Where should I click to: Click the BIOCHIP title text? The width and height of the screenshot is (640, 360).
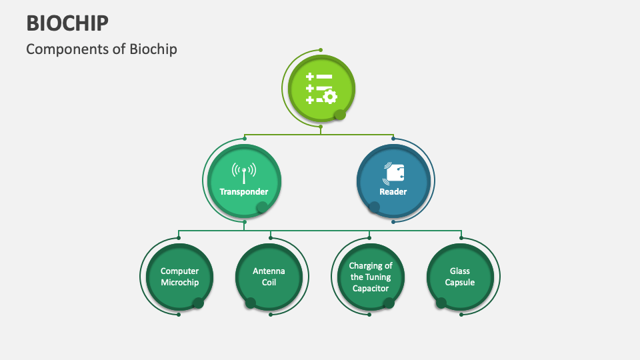(x=67, y=22)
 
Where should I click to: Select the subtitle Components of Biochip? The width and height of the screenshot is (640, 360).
(x=101, y=49)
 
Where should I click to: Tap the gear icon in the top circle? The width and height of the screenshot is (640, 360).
(x=329, y=97)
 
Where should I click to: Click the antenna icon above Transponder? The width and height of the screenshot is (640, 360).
(x=243, y=173)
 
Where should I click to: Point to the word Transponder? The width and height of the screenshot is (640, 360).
(x=244, y=192)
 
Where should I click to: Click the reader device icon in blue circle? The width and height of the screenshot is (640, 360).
(x=393, y=173)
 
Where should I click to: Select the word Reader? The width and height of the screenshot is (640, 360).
(x=393, y=192)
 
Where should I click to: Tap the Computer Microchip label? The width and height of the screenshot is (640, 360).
(x=179, y=277)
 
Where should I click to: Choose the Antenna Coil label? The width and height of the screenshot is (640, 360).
(x=269, y=277)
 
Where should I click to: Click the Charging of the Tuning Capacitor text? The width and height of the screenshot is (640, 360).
(x=371, y=277)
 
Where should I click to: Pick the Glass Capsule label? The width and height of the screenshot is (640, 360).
(x=460, y=277)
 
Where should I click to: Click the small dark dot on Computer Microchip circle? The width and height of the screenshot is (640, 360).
(x=198, y=303)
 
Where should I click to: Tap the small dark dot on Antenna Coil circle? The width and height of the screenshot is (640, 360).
(x=251, y=303)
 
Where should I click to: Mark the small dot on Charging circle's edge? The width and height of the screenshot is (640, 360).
(x=389, y=303)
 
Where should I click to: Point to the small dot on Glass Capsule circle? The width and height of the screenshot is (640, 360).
(x=441, y=303)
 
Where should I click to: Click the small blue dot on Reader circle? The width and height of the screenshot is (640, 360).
(x=375, y=207)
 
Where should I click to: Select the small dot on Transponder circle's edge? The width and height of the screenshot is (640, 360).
(x=263, y=207)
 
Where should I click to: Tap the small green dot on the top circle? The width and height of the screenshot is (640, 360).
(x=340, y=115)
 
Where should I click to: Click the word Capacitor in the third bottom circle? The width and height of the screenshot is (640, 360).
(x=371, y=288)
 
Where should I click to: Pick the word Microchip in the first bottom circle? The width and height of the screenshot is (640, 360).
(x=179, y=283)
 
